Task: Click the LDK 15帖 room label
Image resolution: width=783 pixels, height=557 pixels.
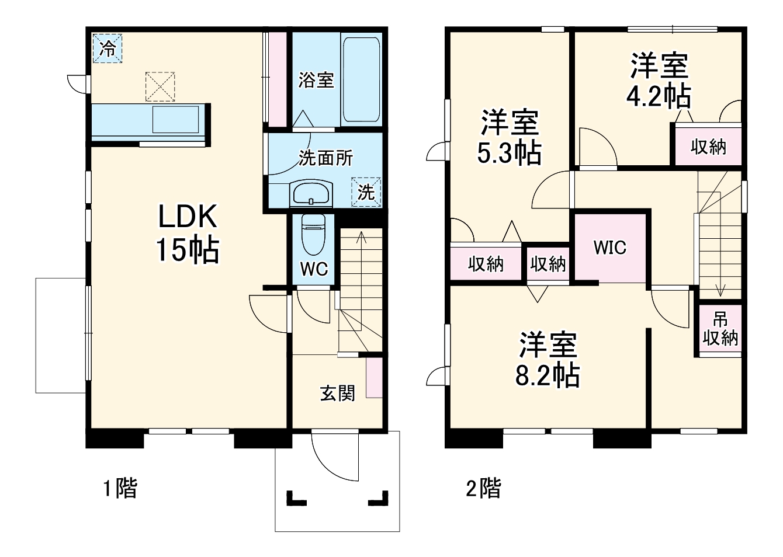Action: [x=188, y=233]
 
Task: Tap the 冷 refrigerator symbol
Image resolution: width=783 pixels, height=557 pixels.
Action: [x=108, y=48]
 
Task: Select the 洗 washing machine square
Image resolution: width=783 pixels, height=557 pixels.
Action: [x=366, y=192]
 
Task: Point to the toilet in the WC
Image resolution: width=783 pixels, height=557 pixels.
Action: [x=313, y=233]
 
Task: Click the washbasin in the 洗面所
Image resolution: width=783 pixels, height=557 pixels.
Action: [x=311, y=194]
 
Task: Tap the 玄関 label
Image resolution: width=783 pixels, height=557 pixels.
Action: [x=337, y=393]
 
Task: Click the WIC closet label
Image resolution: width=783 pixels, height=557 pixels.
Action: [x=609, y=248]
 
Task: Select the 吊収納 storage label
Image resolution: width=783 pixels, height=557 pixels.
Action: [x=720, y=329]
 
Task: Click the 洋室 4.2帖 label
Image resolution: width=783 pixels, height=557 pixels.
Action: [x=659, y=81]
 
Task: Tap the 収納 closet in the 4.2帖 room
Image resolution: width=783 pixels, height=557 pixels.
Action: [x=708, y=147]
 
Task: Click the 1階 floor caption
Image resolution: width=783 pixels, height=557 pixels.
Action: [x=120, y=488]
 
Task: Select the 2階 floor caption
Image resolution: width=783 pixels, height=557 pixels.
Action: [x=483, y=488]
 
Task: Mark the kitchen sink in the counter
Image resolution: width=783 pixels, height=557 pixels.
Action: [x=175, y=120]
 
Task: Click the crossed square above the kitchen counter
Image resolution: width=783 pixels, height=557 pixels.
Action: [x=160, y=86]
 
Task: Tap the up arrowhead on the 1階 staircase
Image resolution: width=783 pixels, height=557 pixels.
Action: [x=361, y=235]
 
